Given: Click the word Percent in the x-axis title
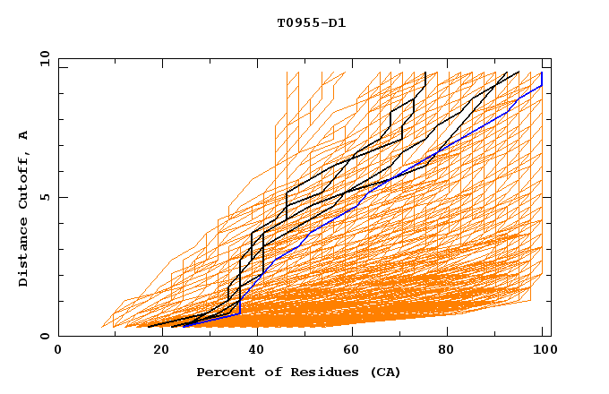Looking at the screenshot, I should [x=222, y=372].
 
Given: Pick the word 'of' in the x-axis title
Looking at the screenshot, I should [x=266, y=372].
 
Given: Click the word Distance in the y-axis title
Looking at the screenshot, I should [x=23, y=255].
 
